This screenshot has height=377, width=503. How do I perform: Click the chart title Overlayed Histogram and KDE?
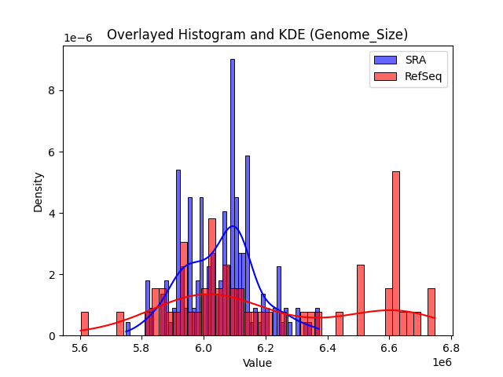tap(257, 35)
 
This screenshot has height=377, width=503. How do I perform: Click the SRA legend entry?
tap(409, 60)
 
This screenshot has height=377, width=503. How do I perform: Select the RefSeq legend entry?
tap(409, 76)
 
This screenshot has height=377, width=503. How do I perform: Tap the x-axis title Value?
tap(257, 363)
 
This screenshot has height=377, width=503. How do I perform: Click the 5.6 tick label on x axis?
tap(79, 347)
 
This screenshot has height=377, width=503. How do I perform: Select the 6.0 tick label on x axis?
tap(204, 347)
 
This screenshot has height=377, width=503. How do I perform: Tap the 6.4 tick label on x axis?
tap(328, 347)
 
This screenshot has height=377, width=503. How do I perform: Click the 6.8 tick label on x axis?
tap(451, 347)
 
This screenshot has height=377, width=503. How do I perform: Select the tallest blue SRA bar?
tap(232, 196)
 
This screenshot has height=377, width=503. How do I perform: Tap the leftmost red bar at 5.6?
tap(84, 324)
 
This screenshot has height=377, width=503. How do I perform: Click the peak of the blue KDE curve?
tap(233, 226)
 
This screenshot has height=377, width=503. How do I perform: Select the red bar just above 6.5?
tap(361, 300)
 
